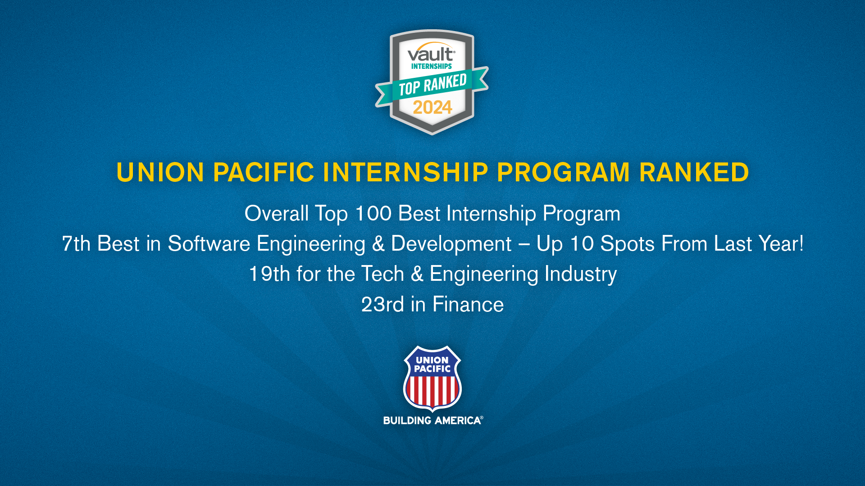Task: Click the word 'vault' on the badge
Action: click(430, 54)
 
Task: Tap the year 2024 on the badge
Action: click(432, 108)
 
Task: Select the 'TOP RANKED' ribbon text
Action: click(432, 85)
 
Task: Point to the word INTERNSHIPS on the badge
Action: click(431, 66)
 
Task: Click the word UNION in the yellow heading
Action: click(160, 172)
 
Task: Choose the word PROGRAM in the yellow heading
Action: click(563, 172)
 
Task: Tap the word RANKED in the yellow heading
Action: click(694, 172)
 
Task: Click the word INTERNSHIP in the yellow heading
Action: click(405, 172)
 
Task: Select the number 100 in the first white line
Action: click(373, 213)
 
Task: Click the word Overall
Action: click(276, 213)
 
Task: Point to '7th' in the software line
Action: click(76, 244)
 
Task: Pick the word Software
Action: click(209, 244)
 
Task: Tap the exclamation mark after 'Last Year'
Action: click(801, 243)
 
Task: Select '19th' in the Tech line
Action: click(269, 274)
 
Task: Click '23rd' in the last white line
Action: click(382, 305)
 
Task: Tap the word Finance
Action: click(468, 305)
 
